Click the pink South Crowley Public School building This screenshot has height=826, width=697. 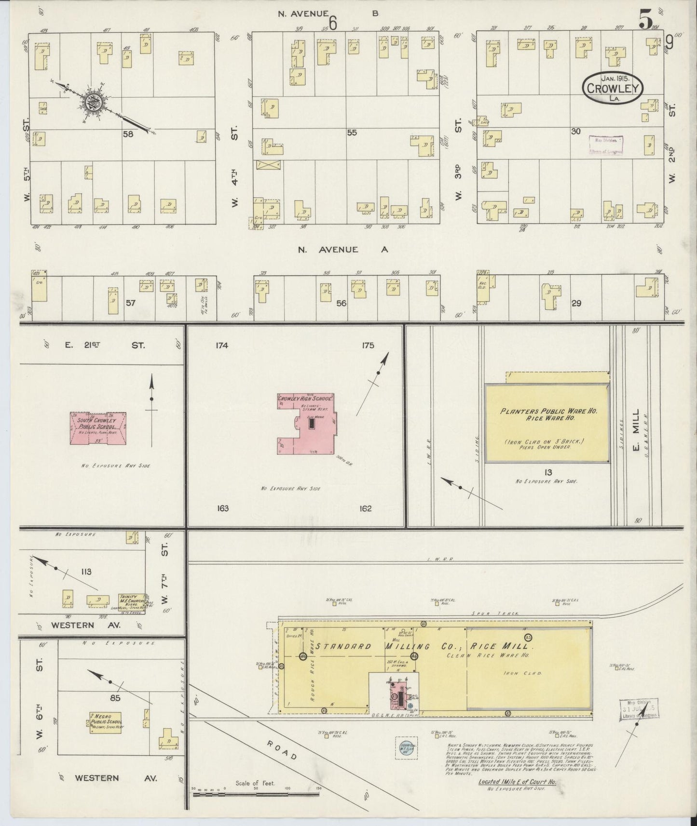98,427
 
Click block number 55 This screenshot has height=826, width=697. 352,133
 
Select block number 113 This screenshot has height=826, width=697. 86,572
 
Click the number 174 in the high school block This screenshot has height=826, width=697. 222,345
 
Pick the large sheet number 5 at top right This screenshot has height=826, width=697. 645,20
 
